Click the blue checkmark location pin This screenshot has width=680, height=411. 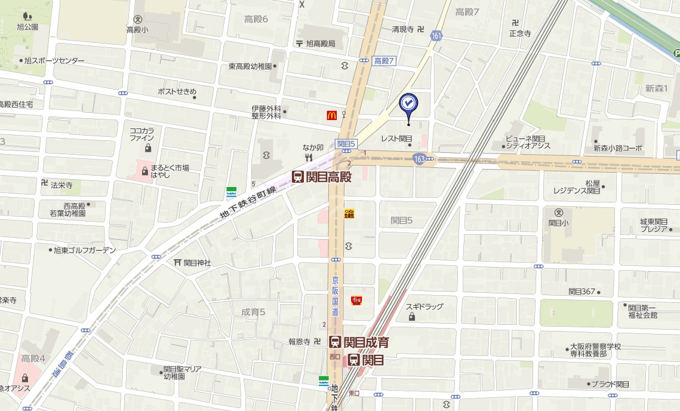tap(408, 104)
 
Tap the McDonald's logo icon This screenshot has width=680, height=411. tap(331, 115)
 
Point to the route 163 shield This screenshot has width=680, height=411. tap(419, 158)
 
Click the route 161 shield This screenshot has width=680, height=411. tap(436, 36)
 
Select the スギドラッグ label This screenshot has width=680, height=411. tap(424, 306)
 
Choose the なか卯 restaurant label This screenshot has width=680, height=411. tap(312, 148)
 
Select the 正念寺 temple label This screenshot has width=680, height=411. tap(519, 33)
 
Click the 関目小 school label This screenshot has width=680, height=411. tap(559, 223)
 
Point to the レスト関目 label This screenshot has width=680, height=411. tap(396, 139)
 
